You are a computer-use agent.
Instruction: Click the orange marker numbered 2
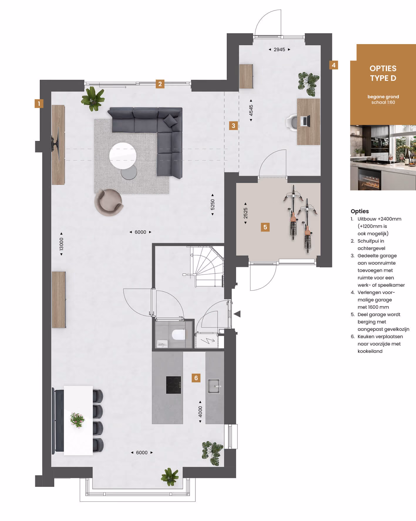160,84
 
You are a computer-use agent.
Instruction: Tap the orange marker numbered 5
265,227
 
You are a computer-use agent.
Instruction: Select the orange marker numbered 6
196,378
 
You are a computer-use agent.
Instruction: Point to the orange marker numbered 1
39,103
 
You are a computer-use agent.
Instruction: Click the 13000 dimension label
61,244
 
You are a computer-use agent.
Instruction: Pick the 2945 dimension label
279,50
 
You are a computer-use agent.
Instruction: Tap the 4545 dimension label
251,110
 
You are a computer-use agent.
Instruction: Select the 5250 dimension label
213,205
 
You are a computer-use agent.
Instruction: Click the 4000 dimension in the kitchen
200,412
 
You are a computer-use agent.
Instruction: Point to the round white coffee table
123,156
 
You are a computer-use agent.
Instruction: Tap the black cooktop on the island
174,385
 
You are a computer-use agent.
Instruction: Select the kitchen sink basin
214,386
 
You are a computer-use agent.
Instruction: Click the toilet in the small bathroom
178,335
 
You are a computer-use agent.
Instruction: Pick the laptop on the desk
306,121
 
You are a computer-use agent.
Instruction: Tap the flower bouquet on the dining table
78,420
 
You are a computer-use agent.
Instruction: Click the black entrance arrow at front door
237,314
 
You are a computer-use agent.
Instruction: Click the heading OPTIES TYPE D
383,73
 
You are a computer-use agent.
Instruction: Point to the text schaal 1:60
383,102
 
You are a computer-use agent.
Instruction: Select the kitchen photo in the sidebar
383,158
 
